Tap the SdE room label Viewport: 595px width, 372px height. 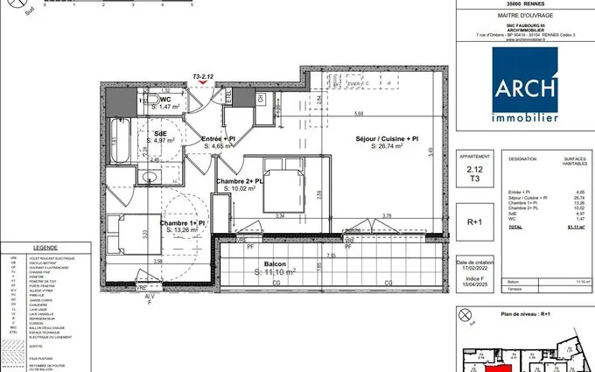coord(161,131)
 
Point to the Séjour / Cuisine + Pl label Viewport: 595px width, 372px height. coord(386,139)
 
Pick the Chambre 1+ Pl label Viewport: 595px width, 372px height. coord(182,224)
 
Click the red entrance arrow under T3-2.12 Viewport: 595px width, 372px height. coord(204,84)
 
